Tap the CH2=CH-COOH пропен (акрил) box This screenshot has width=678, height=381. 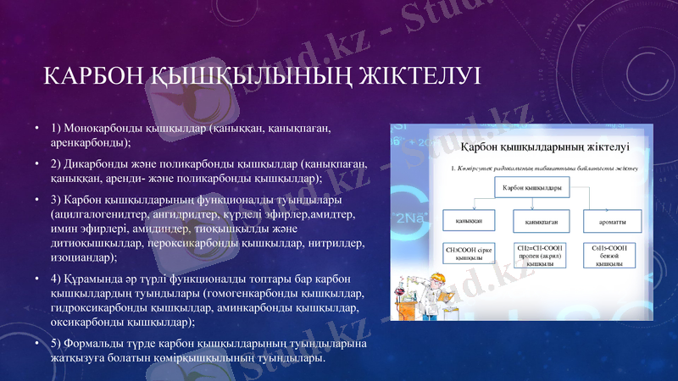point(539,254)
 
